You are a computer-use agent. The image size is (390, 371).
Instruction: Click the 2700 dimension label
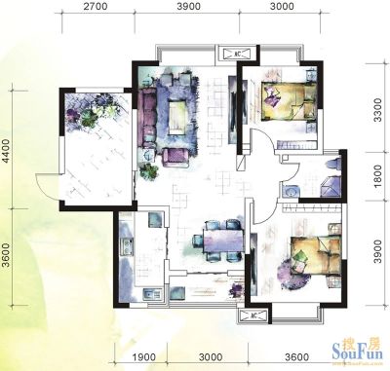[96, 7]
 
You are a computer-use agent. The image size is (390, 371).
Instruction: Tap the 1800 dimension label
[377, 176]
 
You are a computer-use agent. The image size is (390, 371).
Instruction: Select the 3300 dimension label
[377, 110]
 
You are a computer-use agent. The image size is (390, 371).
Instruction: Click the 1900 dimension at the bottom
[143, 357]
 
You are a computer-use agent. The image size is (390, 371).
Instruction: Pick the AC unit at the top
[238, 54]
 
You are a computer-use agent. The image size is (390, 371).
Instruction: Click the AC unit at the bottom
[253, 315]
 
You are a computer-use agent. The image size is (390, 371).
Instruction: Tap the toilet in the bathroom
[333, 163]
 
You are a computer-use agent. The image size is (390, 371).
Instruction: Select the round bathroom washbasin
[290, 191]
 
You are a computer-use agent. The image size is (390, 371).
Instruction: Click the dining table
[223, 241]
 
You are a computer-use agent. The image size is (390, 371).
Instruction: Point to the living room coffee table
[177, 117]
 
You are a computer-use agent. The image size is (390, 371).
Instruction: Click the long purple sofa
[147, 119]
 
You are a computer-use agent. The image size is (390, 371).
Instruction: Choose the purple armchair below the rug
[175, 158]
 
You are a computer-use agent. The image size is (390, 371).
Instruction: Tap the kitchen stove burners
[127, 247]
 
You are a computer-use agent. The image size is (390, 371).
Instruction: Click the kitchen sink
[152, 295]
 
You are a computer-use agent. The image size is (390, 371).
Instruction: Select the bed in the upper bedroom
[289, 101]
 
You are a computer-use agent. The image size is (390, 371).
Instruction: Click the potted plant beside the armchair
[149, 171]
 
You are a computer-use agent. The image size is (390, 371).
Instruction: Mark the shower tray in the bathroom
[331, 186]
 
